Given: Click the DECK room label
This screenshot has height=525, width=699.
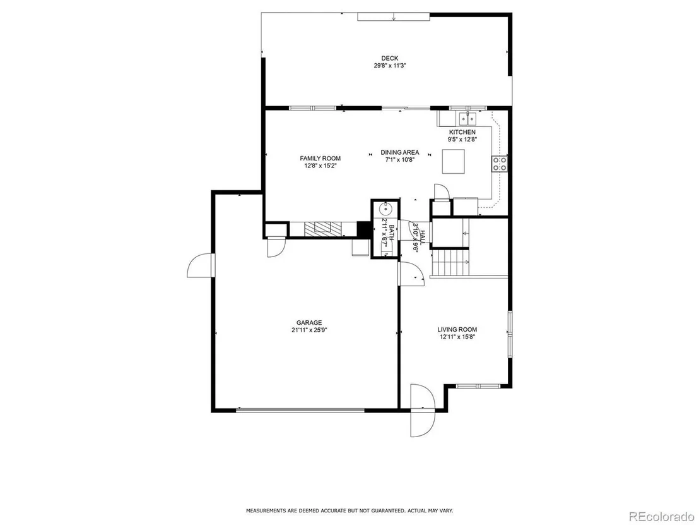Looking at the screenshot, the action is click(390, 58).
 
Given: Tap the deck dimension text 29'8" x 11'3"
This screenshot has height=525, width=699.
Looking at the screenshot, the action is click(390, 66).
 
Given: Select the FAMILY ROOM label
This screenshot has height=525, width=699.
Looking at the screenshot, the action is click(320, 159).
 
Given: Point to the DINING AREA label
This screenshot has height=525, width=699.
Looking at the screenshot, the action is click(400, 152).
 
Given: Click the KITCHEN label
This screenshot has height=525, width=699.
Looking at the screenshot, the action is click(462, 132).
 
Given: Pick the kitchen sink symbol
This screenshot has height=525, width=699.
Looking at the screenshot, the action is click(467, 119).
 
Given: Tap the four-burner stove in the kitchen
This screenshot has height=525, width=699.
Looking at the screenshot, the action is click(499, 164).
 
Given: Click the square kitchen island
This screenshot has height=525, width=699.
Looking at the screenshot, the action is click(454, 161).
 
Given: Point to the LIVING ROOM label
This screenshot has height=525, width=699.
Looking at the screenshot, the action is click(457, 329).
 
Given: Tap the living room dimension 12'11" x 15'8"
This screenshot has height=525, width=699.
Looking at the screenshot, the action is click(457, 337).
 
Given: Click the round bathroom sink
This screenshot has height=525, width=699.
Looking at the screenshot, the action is click(384, 208).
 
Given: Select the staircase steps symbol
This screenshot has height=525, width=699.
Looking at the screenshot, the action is click(450, 263).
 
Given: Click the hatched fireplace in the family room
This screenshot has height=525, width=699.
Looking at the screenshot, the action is click(324, 229).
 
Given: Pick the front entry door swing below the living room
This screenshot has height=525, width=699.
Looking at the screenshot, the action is click(422, 410).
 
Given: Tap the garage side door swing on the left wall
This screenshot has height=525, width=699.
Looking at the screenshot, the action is click(201, 265).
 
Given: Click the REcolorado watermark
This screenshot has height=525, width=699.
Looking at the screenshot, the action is click(662, 516).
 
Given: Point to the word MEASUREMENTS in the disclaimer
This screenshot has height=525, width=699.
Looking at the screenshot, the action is click(265, 510).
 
